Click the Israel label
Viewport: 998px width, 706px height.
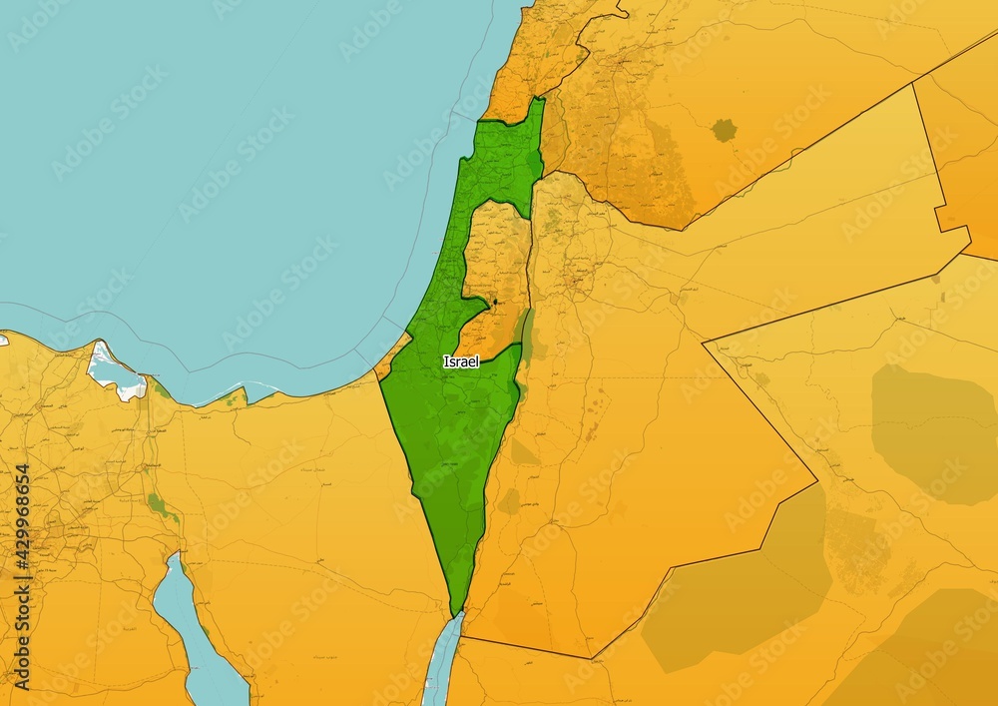(x=461, y=361)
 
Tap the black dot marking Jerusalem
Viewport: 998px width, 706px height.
(x=495, y=301)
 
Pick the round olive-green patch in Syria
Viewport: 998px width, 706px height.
(x=724, y=130)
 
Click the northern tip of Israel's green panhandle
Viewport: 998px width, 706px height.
(x=539, y=99)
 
